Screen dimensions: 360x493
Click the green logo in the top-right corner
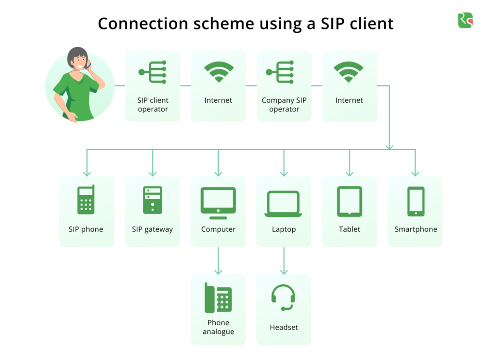click(x=465, y=20)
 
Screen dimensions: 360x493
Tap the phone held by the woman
click(x=88, y=64)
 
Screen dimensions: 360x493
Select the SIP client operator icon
click(x=153, y=72)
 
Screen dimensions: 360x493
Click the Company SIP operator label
click(x=284, y=105)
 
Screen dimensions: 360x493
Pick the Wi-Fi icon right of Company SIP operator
click(x=349, y=72)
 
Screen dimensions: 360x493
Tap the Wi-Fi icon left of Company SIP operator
click(x=218, y=72)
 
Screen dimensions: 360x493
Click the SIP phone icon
click(x=86, y=200)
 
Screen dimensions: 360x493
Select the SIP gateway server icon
click(x=152, y=200)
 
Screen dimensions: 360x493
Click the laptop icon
click(x=284, y=204)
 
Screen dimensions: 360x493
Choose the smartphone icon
click(x=415, y=201)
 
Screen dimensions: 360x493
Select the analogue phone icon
click(x=218, y=298)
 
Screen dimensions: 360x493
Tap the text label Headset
click(x=284, y=327)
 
